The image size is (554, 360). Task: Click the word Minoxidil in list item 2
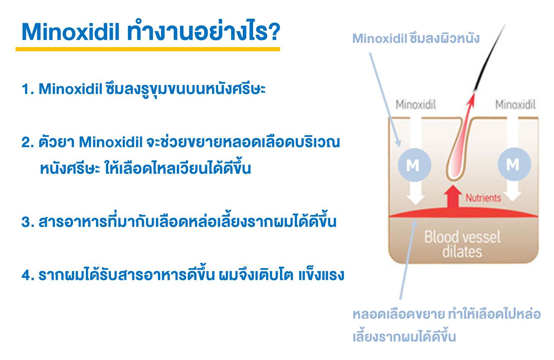[111, 142]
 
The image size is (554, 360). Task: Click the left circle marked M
[414, 165]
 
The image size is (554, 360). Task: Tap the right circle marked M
[514, 164]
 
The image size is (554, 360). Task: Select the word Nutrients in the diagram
[483, 198]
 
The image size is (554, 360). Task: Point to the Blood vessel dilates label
[462, 244]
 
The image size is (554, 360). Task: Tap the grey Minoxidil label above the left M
[416, 104]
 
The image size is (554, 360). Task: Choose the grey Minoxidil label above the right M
[515, 104]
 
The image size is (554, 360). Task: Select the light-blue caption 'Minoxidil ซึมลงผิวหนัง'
[416, 38]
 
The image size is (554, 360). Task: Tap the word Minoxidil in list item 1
[71, 89]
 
